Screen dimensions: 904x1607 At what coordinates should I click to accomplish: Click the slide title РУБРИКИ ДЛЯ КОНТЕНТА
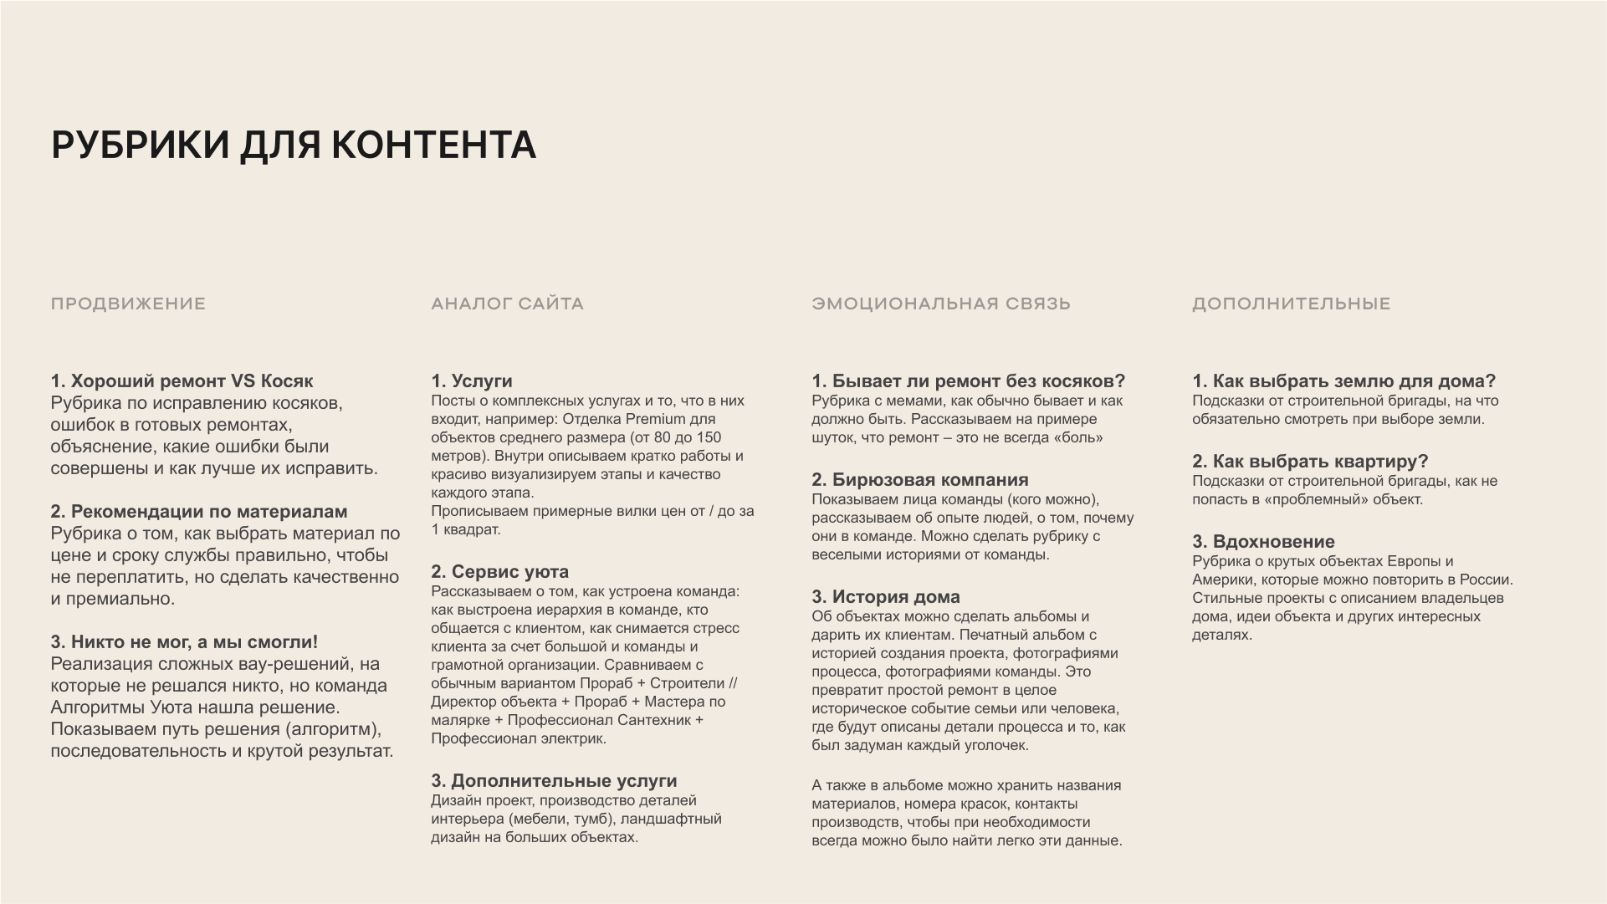tap(294, 145)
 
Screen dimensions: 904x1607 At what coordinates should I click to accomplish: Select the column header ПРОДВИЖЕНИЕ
tap(128, 304)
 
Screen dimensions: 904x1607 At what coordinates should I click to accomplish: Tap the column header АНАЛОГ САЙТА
tap(507, 304)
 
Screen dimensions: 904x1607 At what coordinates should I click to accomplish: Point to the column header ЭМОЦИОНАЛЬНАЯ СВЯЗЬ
tap(941, 304)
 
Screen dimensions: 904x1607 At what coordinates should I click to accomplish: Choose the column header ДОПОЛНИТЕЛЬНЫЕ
tap(1291, 304)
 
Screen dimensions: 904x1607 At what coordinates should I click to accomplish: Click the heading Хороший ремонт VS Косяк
tap(182, 381)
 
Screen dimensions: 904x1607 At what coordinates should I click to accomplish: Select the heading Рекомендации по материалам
tap(198, 512)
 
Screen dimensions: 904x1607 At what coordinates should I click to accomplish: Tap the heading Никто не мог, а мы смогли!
tap(184, 642)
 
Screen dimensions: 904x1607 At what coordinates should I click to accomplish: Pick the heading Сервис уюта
tap(499, 572)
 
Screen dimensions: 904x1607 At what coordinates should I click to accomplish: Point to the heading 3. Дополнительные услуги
tap(554, 781)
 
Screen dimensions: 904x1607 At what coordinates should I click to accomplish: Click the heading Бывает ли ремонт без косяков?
tap(968, 381)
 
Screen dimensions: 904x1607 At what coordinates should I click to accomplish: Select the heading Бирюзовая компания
tap(919, 480)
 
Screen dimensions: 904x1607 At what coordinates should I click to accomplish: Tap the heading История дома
tap(885, 597)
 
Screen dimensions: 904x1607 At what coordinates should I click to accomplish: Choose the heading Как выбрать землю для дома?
tap(1343, 381)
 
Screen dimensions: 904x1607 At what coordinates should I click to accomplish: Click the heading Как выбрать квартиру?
tap(1310, 462)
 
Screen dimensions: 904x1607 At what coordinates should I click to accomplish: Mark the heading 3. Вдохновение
tap(1263, 542)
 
